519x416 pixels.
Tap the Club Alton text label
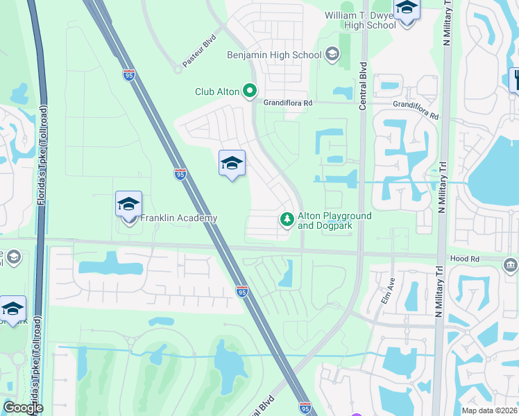217,92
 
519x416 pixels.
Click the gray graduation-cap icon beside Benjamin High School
332,54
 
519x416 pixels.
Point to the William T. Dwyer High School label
360,20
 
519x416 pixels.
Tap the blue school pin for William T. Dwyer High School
407,10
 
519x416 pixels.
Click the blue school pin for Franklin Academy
128,205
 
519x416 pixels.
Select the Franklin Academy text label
179,218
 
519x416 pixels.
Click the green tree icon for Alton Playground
286,220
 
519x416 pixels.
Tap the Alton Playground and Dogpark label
334,220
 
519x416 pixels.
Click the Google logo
22,408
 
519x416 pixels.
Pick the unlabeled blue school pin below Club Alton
232,164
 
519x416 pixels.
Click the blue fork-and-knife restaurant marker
515,79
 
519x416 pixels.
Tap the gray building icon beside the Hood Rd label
511,265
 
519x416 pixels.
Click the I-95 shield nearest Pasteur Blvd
129,75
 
